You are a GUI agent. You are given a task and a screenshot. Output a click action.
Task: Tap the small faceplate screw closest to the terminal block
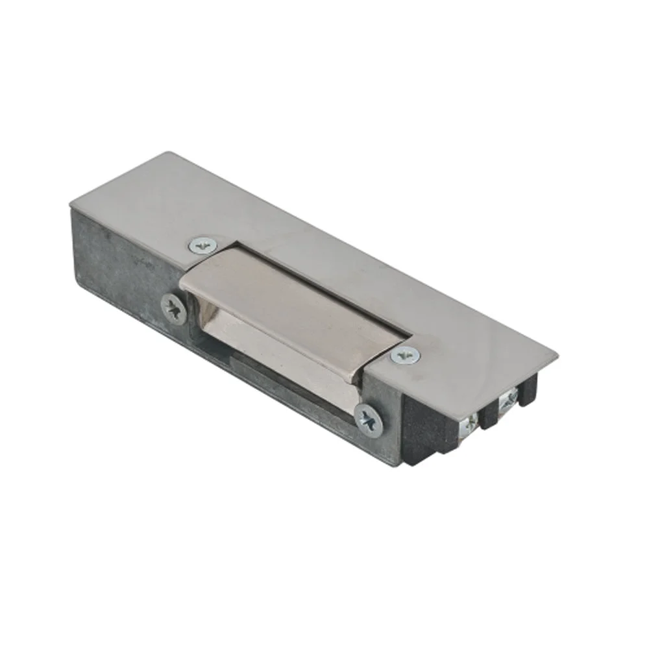(406, 356)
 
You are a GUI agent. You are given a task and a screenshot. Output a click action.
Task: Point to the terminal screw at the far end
(508, 398)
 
